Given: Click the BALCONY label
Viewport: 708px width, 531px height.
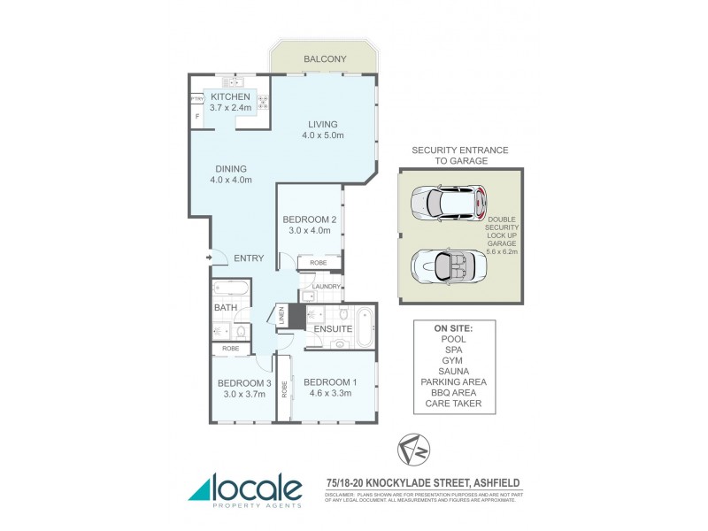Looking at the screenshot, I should point(325,59).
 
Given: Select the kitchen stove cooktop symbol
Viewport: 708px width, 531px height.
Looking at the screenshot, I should point(263,100).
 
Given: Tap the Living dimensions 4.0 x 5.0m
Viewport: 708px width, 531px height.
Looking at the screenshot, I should point(325,135).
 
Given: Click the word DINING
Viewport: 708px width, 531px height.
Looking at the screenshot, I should point(230,168).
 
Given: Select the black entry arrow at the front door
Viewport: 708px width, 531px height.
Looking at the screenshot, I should point(209,258).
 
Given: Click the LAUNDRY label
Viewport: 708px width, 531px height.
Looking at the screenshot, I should point(325,287).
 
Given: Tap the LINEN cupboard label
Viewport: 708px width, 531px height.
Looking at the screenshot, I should point(281,316).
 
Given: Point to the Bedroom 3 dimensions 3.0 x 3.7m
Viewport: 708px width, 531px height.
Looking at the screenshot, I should point(236,394).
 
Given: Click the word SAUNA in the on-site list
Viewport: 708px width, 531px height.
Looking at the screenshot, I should point(454,371).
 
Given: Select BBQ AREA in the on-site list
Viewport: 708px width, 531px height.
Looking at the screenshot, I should point(454,394).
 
